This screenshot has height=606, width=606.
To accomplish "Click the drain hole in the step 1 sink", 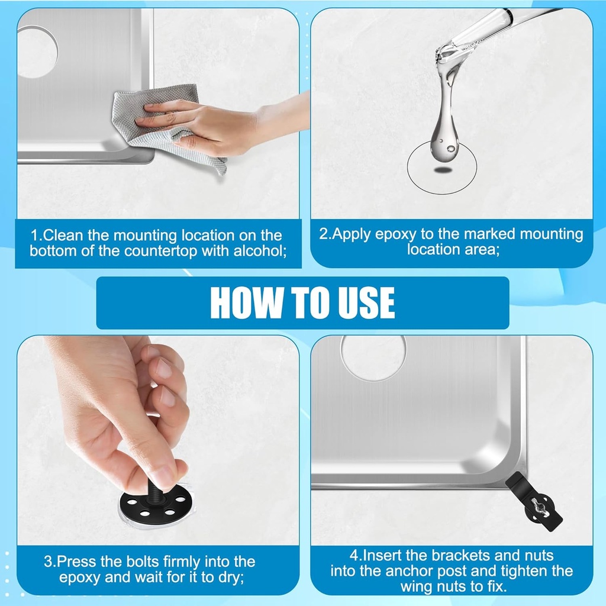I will (37, 51).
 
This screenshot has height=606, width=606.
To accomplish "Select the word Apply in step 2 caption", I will (353, 234).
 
